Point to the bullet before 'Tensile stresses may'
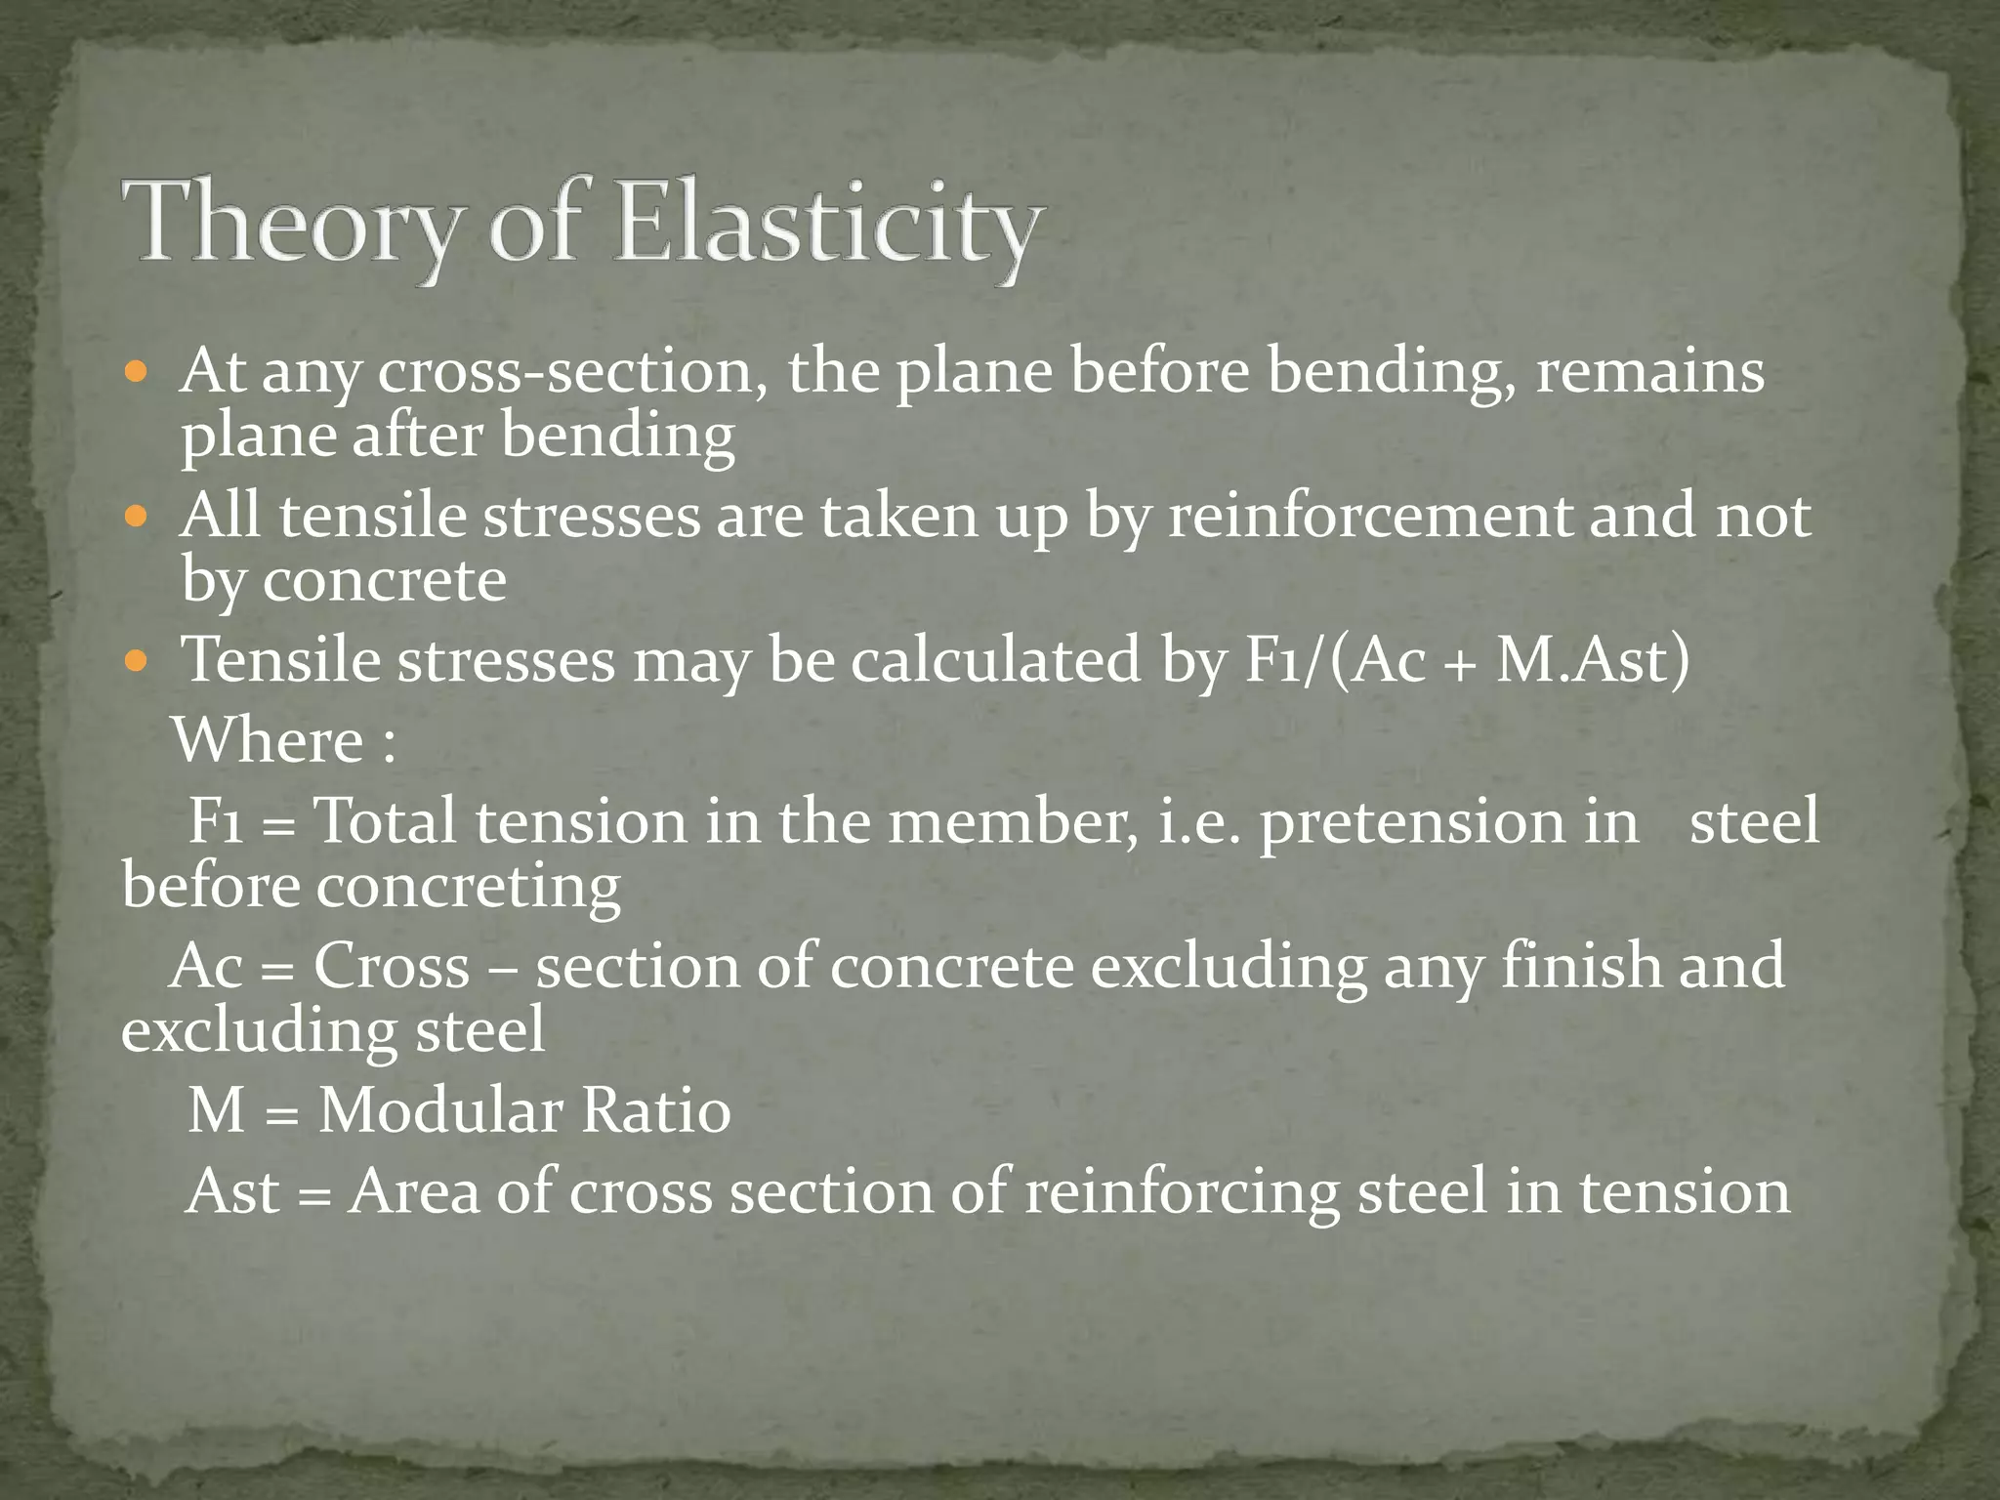point(138,660)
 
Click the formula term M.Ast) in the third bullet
point(1593,660)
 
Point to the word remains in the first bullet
point(1649,374)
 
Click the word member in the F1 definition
point(1012,822)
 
